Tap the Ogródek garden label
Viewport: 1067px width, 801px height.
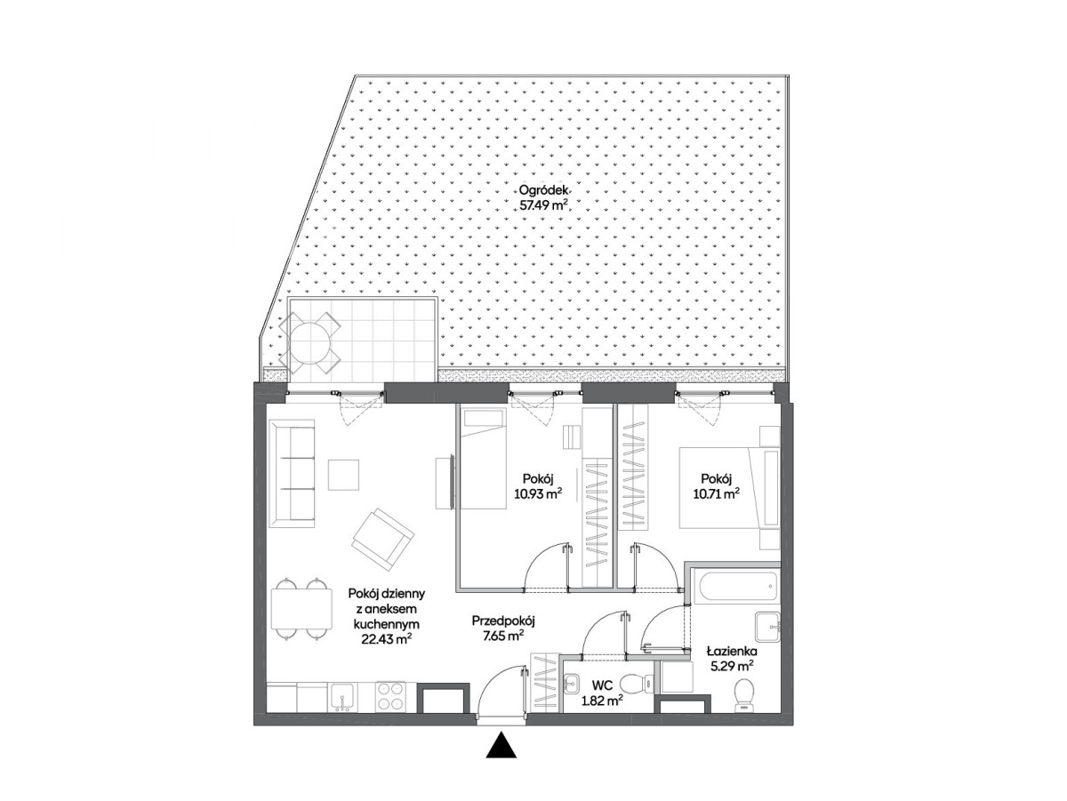(543, 190)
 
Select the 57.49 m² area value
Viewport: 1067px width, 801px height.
(544, 204)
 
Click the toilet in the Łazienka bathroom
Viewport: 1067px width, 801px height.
(743, 694)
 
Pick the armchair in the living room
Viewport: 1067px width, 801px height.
(382, 540)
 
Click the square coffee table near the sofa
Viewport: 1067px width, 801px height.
(344, 475)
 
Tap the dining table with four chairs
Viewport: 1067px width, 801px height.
(301, 608)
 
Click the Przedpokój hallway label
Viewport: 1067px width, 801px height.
(503, 621)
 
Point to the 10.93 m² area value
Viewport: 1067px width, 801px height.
(538, 494)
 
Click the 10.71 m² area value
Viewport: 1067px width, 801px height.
(716, 494)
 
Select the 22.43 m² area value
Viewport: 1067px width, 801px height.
(387, 638)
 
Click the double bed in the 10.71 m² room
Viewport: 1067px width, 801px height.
(729, 487)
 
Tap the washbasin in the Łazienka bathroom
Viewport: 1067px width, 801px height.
(767, 627)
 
